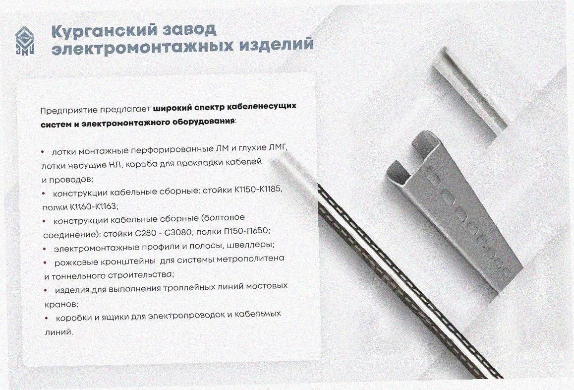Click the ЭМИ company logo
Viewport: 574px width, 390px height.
pyautogui.click(x=24, y=41)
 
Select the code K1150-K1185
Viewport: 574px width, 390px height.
pyautogui.click(x=259, y=190)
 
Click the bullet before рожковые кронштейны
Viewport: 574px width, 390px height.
pyautogui.click(x=45, y=263)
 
